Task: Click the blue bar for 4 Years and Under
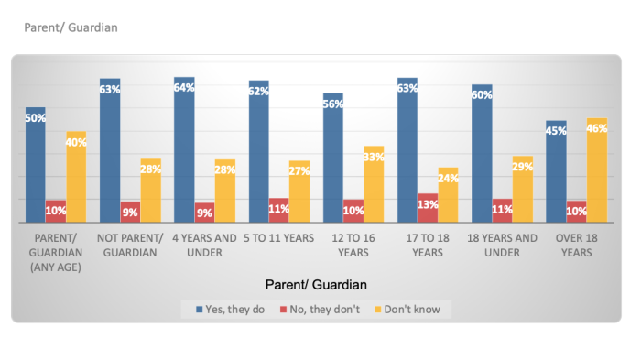[184, 151]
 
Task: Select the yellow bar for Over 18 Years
[596, 171]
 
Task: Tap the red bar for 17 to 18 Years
[427, 209]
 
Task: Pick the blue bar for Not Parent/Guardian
[110, 151]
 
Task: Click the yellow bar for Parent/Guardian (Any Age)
[76, 178]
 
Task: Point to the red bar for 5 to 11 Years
[278, 211]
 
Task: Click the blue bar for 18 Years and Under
[482, 154]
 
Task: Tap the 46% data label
[596, 129]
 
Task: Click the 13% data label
[428, 204]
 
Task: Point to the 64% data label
[184, 88]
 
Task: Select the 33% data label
[374, 157]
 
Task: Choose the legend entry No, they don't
[323, 310]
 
